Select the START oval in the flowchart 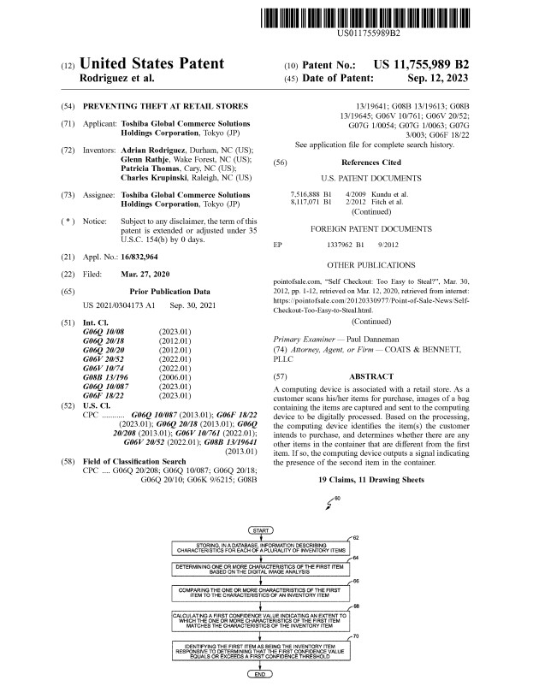tap(258, 531)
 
